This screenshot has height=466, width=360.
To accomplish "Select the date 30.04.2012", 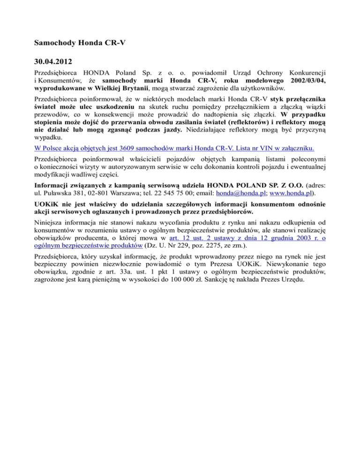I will pyautogui.click(x=53, y=61).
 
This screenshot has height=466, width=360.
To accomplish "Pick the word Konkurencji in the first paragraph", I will pyautogui.click(x=308, y=73).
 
